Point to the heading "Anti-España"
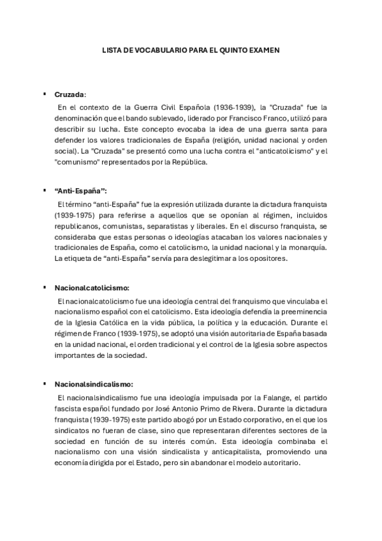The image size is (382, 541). (x=80, y=191)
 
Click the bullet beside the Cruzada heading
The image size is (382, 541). (x=44, y=94)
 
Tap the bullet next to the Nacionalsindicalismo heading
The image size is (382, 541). (x=44, y=383)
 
